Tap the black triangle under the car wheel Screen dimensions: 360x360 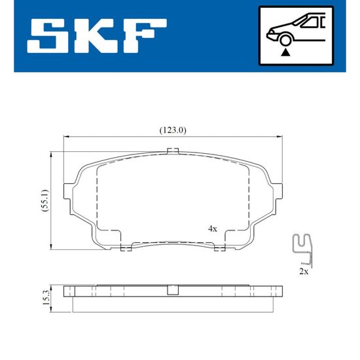tap(285, 52)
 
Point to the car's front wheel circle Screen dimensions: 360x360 tap(285, 40)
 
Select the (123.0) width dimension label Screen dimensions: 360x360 tap(173, 130)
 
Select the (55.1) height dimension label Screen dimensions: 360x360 tap(45, 200)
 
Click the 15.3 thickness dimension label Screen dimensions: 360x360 tap(46, 298)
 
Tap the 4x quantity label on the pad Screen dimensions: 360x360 tap(212, 228)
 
